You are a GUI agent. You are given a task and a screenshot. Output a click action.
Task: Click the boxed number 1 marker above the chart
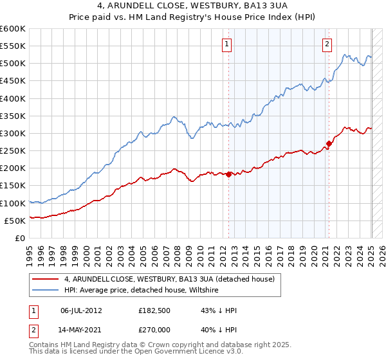pos(228,44)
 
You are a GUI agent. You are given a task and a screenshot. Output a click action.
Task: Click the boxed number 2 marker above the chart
pos(327,44)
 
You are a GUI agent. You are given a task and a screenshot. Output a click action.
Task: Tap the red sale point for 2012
pos(228,174)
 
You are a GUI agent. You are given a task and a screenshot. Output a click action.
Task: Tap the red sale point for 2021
pos(329,143)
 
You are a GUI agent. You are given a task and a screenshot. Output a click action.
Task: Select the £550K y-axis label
pos(13,46)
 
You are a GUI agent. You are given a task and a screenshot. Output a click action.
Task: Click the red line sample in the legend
pos(46,279)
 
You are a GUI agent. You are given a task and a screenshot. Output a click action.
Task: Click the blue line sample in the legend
pos(46,291)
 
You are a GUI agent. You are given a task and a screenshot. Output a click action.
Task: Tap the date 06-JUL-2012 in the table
pos(81,310)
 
